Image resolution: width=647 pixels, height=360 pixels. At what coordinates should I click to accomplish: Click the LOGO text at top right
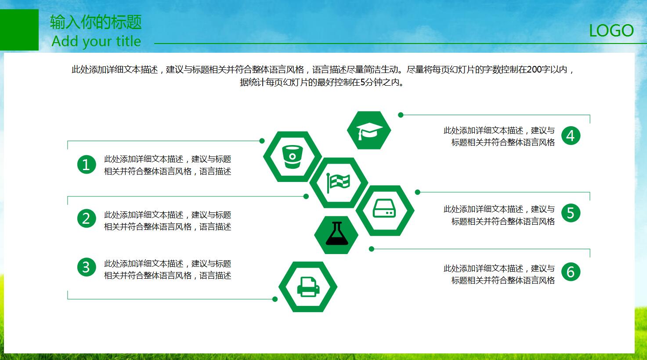coord(611,31)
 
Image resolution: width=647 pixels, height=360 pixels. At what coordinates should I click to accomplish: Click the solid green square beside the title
coord(19,30)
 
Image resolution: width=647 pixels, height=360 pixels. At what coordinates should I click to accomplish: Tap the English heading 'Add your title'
coord(96,41)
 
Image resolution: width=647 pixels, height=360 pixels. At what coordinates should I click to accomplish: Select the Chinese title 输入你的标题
coord(96,22)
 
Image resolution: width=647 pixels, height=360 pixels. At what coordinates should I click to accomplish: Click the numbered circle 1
coord(87,164)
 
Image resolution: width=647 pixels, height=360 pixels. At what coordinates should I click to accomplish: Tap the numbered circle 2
coord(87,218)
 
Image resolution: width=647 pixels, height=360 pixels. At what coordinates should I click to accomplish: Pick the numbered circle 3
coord(87,267)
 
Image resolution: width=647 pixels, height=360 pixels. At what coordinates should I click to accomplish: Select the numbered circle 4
coord(571,136)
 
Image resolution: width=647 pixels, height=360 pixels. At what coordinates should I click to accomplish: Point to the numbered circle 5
coord(571,213)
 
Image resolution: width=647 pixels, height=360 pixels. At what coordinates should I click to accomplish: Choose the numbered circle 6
coord(571,272)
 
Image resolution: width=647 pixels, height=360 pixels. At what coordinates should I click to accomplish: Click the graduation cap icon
coord(369,131)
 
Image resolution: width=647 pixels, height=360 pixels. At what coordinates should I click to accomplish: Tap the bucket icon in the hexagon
coord(292,157)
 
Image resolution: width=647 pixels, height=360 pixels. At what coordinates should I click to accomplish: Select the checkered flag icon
coord(338,182)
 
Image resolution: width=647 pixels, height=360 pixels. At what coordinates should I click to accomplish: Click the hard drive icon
coord(384,208)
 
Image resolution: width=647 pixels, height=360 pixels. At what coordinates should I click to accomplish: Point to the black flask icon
coord(337,234)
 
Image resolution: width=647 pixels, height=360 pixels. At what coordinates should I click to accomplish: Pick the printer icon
coord(308,287)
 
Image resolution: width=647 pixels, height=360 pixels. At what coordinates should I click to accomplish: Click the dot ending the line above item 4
coord(401,115)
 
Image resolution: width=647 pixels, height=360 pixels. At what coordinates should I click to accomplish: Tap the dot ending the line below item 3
coord(275,299)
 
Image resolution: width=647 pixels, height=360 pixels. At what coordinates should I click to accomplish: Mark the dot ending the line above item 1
coord(262,141)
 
